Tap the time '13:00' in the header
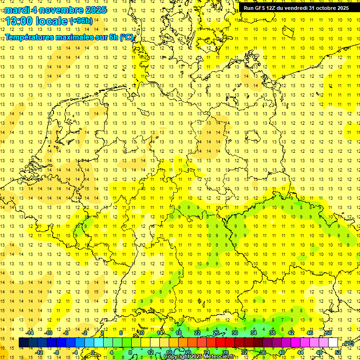(19, 21)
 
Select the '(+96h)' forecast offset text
(81, 21)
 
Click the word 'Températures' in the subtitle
(30, 37)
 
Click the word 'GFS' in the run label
(260, 8)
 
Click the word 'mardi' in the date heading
(16, 10)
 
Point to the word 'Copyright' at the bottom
(177, 357)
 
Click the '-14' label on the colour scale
(30, 333)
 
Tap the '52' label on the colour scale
(338, 352)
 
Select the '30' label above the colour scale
(234, 333)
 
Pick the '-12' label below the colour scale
(39, 352)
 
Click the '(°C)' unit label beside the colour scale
(348, 343)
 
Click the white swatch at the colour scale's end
(333, 343)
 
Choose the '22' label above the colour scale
(197, 333)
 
